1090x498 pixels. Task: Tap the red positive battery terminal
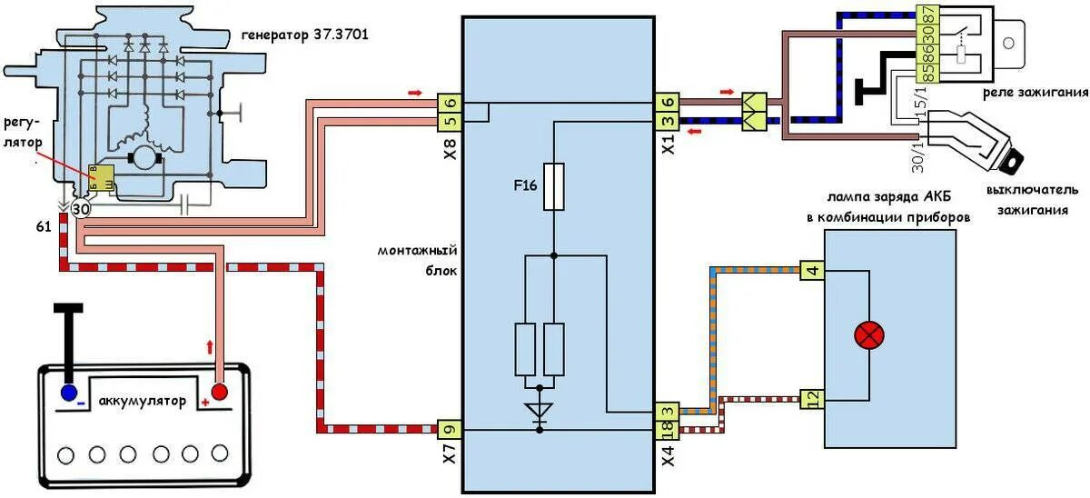point(218,392)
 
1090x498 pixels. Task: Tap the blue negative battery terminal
point(68,393)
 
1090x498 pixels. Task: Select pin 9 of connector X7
point(450,428)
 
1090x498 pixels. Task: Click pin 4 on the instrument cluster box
point(812,269)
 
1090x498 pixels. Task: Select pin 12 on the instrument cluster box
point(811,398)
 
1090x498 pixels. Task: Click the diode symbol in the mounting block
point(540,411)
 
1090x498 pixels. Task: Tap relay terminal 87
point(951,17)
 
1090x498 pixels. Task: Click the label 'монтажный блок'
point(419,260)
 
